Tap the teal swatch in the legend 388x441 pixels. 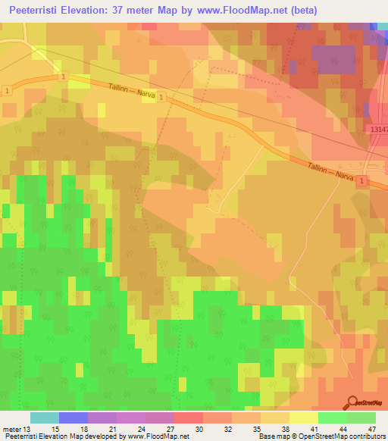coord(44,418)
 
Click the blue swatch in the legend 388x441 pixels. coord(74,418)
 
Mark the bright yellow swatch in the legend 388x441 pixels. coord(304,418)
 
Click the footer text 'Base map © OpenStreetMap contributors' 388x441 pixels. coord(321,437)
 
